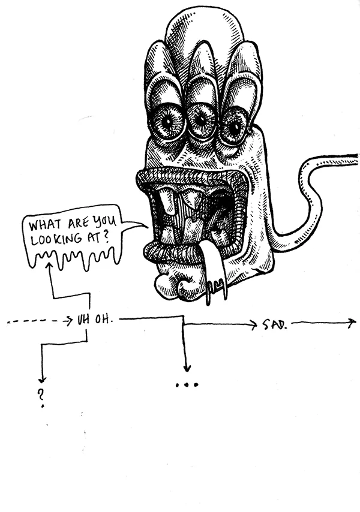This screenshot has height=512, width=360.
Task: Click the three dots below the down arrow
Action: point(187,384)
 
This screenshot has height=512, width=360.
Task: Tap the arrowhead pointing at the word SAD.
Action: point(253,325)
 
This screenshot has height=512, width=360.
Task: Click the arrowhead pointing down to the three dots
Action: point(187,368)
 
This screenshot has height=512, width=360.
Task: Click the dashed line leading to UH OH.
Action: point(36,322)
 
